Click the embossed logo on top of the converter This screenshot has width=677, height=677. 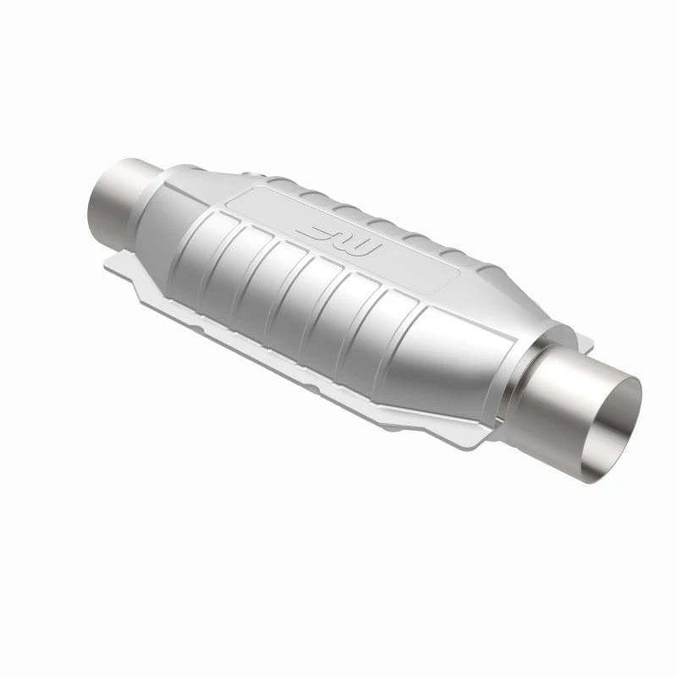(x=338, y=240)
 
